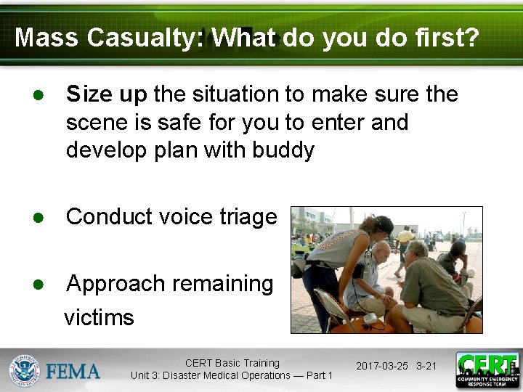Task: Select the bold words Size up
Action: (x=107, y=94)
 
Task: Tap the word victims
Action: (x=100, y=317)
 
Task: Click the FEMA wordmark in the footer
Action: (x=73, y=372)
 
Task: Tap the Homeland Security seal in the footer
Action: (x=24, y=371)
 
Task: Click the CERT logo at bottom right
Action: (x=487, y=370)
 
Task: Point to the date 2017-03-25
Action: (x=381, y=366)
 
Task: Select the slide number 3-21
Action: (x=426, y=366)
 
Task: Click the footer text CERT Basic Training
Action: (x=232, y=363)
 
